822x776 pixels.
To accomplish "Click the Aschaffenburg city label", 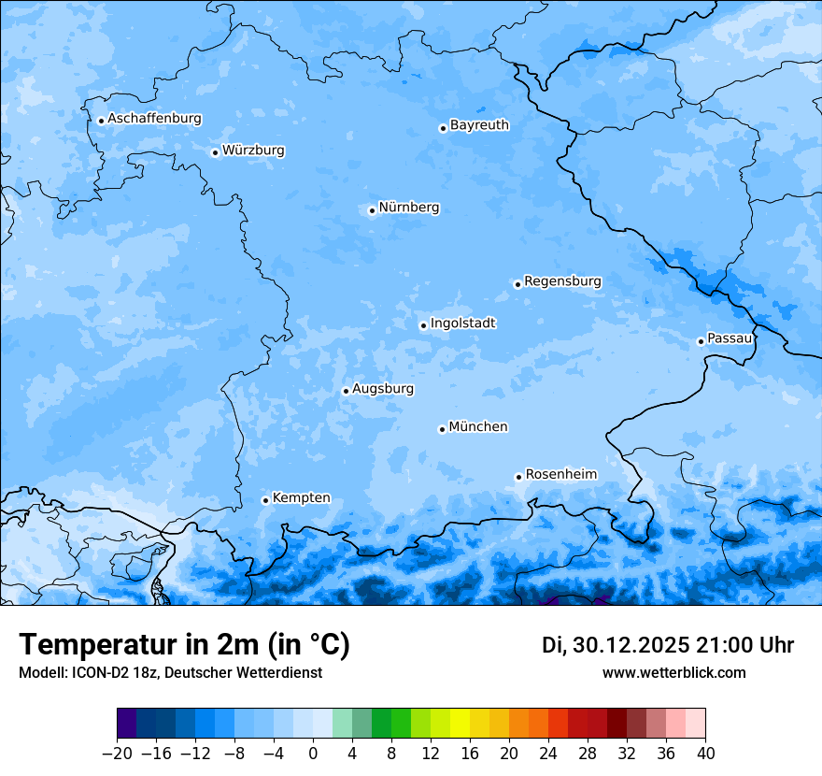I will tap(154, 119).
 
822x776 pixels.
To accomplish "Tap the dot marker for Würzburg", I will tap(215, 152).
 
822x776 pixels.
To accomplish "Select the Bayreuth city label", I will tap(479, 125).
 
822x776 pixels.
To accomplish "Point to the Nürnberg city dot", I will tap(372, 210).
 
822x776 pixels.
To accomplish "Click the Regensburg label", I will tap(562, 281).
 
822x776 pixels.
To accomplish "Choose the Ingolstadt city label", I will tap(462, 323).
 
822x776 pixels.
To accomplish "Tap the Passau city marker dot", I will tap(701, 341).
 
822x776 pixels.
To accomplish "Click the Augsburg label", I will tap(383, 389).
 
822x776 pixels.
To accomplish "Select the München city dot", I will tap(442, 429).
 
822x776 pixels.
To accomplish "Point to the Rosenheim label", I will tap(560, 475).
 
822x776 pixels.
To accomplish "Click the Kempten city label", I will tap(301, 498).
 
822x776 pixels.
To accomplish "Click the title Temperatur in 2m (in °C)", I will tap(184, 645).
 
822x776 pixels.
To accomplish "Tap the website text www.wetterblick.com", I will tap(673, 673).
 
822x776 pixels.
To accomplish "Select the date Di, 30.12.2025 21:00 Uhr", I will tap(667, 645).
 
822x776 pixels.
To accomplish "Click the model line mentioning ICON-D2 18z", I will tap(170, 673).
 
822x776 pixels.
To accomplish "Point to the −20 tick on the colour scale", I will tap(118, 754).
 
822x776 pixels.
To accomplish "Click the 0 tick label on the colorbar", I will tap(313, 754).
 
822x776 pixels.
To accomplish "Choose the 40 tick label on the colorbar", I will tap(705, 754).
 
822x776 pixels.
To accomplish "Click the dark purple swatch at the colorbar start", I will tap(127, 724).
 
